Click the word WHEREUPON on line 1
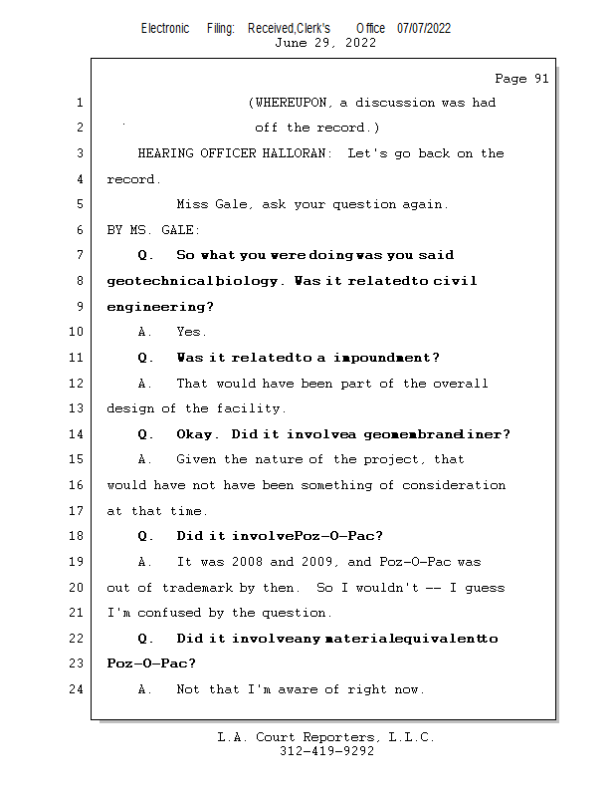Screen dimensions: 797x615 [x=294, y=103]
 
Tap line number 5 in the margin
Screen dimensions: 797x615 [x=80, y=204]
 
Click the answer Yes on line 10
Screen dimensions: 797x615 [x=190, y=333]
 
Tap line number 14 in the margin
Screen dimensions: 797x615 [x=77, y=434]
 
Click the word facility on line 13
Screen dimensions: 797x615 [x=253, y=408]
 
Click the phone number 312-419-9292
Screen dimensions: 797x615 [x=326, y=752]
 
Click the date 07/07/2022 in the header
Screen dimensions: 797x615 [x=423, y=29]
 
